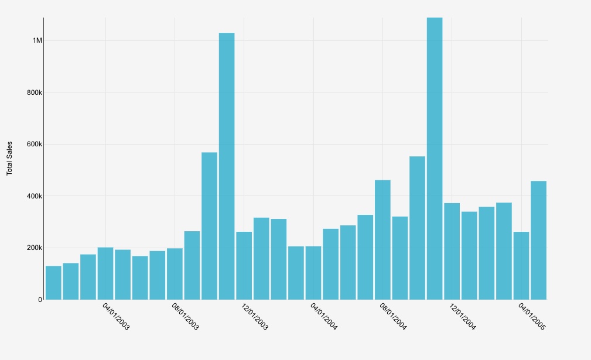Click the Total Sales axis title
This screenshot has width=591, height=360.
(9, 158)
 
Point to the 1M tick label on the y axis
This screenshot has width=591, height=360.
(37, 40)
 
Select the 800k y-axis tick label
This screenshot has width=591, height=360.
(35, 92)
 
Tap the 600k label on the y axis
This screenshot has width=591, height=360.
(35, 144)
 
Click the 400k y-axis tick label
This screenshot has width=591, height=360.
(35, 196)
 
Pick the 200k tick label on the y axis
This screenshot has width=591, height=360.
(35, 248)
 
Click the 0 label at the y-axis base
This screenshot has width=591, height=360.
(40, 300)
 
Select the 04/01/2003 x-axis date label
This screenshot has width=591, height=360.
(116, 317)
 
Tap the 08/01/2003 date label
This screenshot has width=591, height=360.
(185, 317)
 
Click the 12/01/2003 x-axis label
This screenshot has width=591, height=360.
(254, 317)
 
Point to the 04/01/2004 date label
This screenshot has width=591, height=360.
(323, 317)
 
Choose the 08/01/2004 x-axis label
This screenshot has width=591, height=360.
(393, 317)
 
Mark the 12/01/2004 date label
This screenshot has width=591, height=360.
(462, 317)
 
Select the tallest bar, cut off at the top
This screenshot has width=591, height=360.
(435, 158)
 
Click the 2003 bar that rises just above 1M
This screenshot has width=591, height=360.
(227, 166)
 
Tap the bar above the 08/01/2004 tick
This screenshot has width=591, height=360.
(382, 240)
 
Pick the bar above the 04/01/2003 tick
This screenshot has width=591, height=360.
(105, 273)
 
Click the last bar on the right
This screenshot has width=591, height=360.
(538, 240)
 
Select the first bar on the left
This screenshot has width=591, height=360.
(53, 283)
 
